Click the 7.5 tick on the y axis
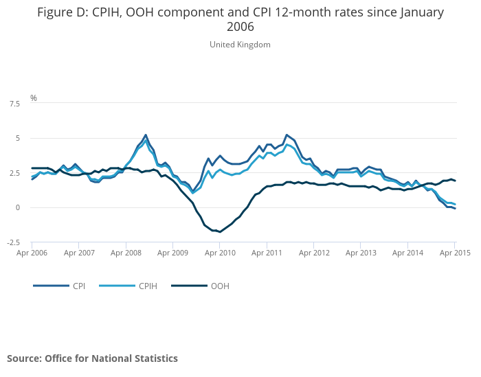14,104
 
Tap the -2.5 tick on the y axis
13,242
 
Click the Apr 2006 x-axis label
32,253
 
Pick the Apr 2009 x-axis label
172,253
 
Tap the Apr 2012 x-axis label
313,253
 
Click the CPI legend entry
79,286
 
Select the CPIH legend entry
148,286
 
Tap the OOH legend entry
220,286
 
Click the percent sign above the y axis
33,98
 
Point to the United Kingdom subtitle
240,45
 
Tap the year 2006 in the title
240,27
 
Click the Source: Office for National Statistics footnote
92,358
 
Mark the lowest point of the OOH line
220,231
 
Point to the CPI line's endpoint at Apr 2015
455,208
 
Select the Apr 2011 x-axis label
267,253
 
